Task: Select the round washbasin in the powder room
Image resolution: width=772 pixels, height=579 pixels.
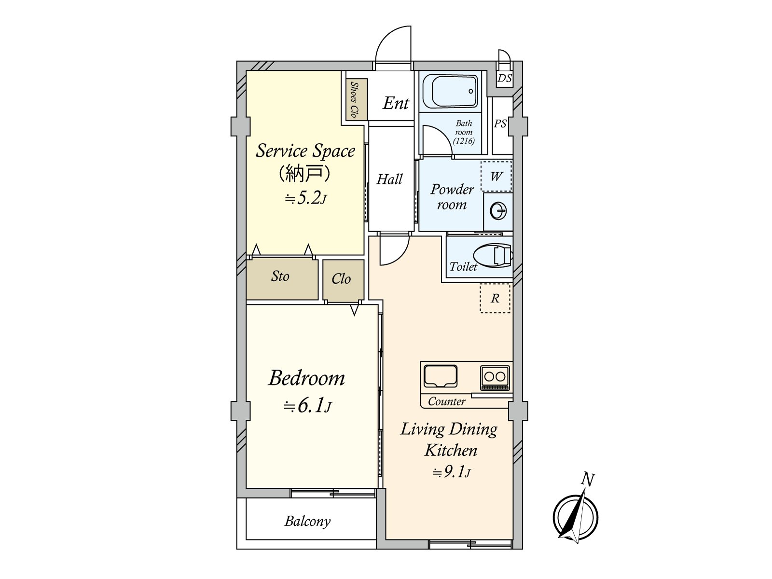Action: (x=498, y=212)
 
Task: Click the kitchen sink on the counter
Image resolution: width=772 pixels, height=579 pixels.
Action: (x=441, y=376)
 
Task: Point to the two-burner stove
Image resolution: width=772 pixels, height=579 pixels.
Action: (x=495, y=378)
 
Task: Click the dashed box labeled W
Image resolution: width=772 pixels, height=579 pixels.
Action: (x=496, y=176)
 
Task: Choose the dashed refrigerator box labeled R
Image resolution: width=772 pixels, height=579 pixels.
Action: (x=495, y=298)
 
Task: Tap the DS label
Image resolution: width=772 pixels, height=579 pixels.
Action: (x=504, y=78)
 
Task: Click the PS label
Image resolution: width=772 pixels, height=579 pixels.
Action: (x=500, y=124)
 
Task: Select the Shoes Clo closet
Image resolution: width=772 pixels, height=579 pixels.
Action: (x=355, y=99)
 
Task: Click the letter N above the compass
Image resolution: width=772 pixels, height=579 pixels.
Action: (x=588, y=480)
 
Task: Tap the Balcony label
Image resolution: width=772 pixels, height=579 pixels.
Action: (x=307, y=522)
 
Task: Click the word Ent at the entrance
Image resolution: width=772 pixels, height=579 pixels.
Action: (x=396, y=103)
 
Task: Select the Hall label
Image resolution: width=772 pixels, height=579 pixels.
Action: (x=389, y=179)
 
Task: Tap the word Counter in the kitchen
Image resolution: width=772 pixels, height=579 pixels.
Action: (x=447, y=401)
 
